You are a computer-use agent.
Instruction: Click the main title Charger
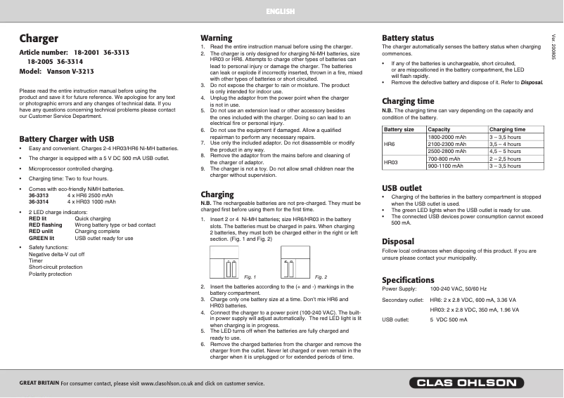coord(39,39)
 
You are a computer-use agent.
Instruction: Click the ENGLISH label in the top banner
coord(281,12)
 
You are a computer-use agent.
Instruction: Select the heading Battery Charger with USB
coord(66,139)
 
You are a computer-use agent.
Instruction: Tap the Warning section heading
coord(216,37)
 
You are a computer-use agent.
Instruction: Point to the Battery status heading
coord(407,37)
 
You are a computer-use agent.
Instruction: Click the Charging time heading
coord(408,101)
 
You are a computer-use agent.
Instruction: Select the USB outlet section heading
coord(402,188)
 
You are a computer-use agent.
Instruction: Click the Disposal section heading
coord(397,241)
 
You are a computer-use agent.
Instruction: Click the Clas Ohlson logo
coord(466,383)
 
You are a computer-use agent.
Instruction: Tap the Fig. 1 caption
coord(250,277)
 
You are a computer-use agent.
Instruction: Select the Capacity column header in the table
coord(439,130)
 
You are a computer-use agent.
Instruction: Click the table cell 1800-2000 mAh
coord(447,137)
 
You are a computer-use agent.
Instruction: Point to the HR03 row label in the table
coord(391,161)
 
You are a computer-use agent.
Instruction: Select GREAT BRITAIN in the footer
coord(39,383)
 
